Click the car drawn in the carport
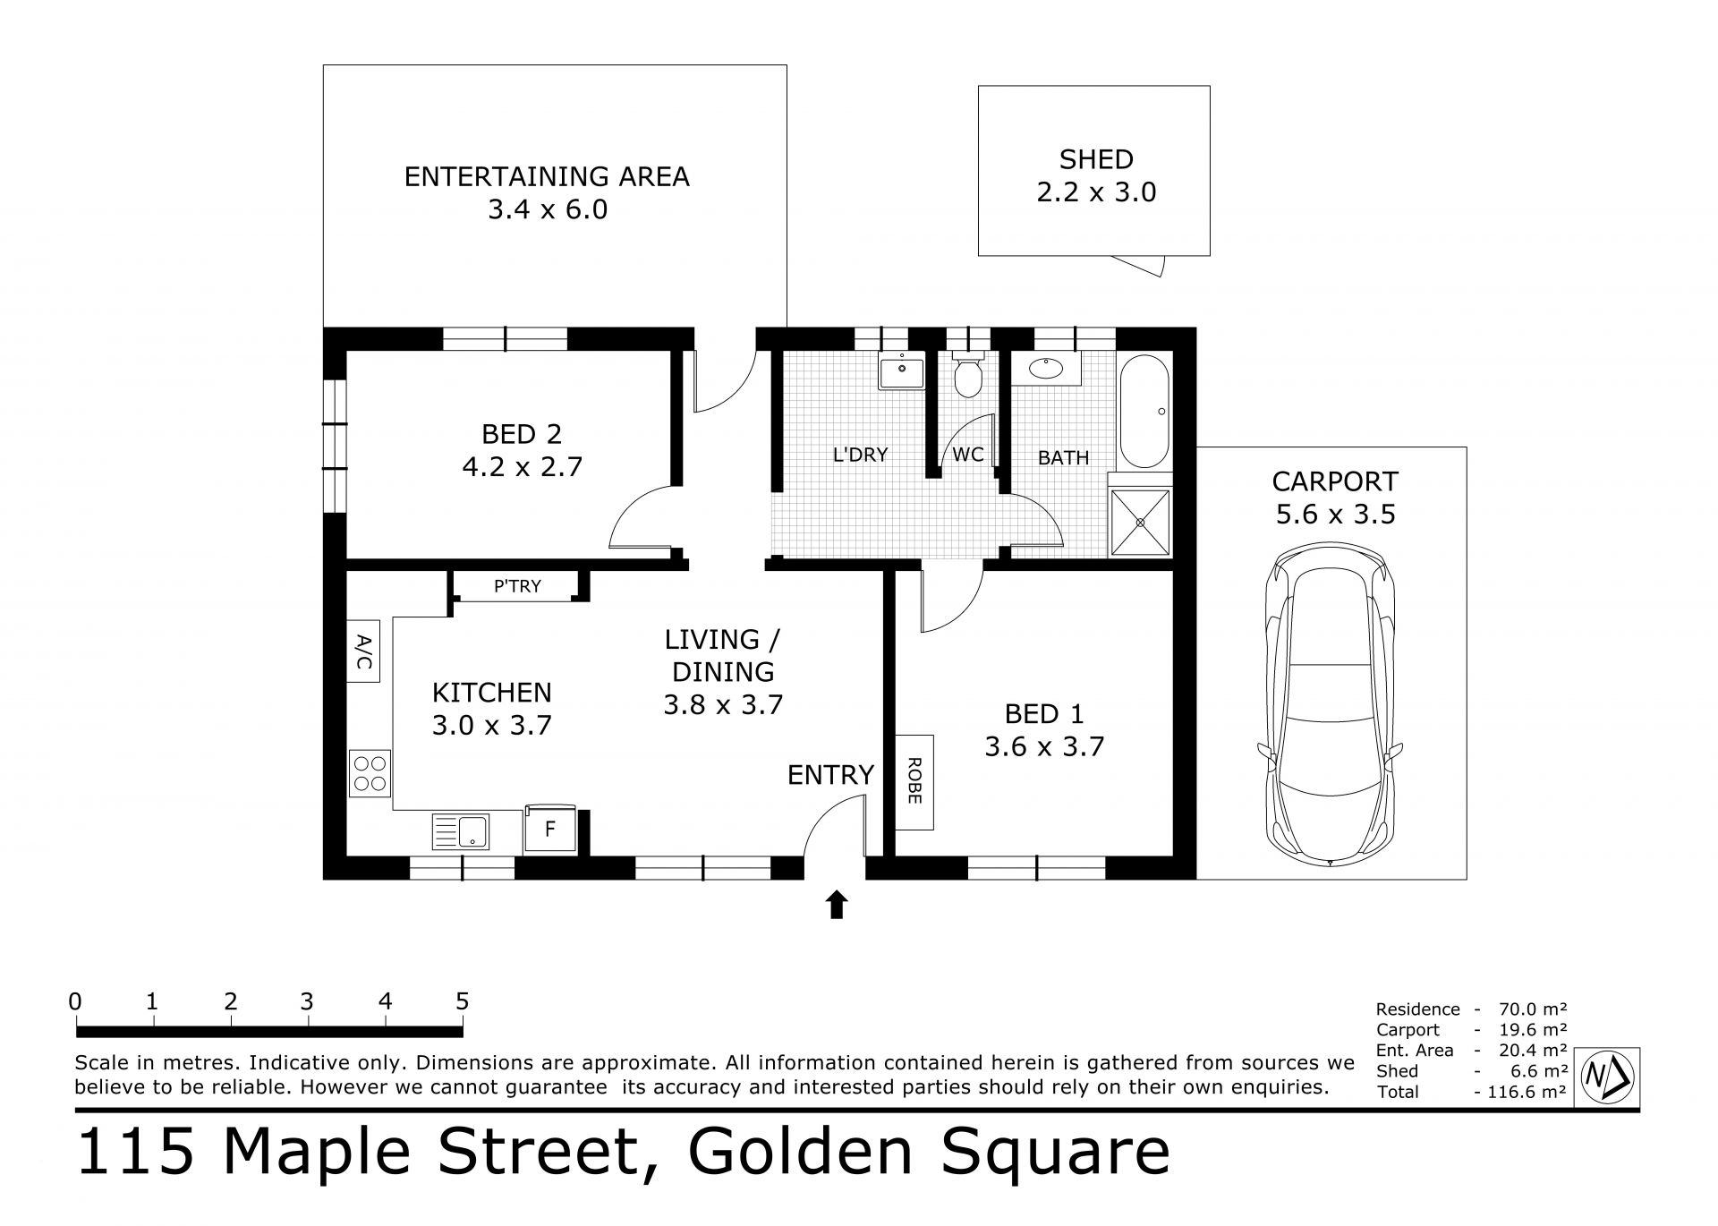1330,707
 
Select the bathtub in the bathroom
1144,412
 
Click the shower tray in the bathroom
1140,522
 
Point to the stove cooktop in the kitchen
370,773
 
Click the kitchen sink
460,831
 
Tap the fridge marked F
550,830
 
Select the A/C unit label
363,651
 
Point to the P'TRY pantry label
517,586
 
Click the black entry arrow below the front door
837,905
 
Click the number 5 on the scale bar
463,1001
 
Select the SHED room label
1096,159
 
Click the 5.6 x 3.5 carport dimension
1335,515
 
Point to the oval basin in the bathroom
1045,368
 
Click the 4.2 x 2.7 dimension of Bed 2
522,467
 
